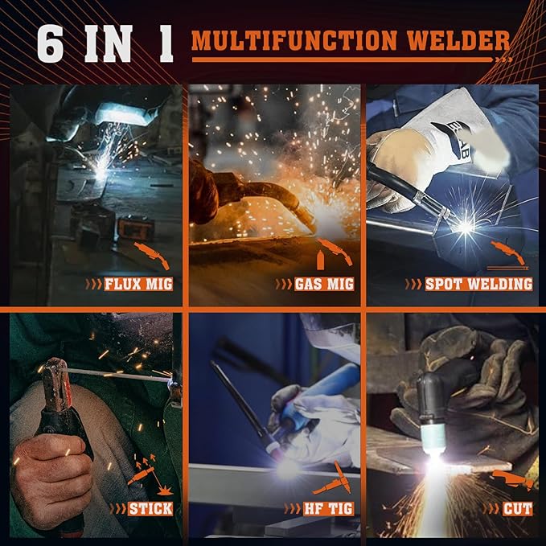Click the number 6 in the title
coord(50,44)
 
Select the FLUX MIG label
coord(138,284)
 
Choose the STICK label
coord(150,508)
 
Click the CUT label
coord(518,508)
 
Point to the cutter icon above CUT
coord(515,479)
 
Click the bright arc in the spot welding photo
coord(465,228)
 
